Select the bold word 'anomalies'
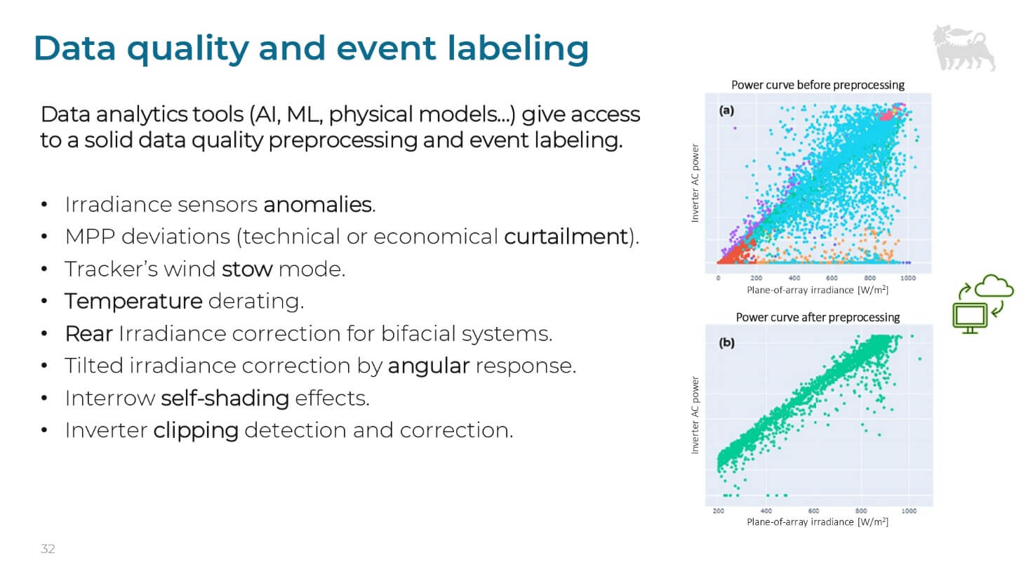point(317,204)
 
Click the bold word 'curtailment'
point(566,236)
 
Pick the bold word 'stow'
point(247,269)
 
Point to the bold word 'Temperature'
point(133,301)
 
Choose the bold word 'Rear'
point(88,333)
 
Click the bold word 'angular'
point(428,366)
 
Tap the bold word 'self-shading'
point(225,398)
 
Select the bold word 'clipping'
point(196,430)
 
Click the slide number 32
point(48,549)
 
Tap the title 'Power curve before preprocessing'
point(818,85)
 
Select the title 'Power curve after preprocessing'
point(818,317)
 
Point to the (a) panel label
point(726,110)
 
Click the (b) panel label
point(726,342)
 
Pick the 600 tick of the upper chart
point(832,278)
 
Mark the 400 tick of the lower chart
point(766,511)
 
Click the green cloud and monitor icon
point(982,304)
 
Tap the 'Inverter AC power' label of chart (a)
point(695,183)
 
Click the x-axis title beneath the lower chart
point(818,522)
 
